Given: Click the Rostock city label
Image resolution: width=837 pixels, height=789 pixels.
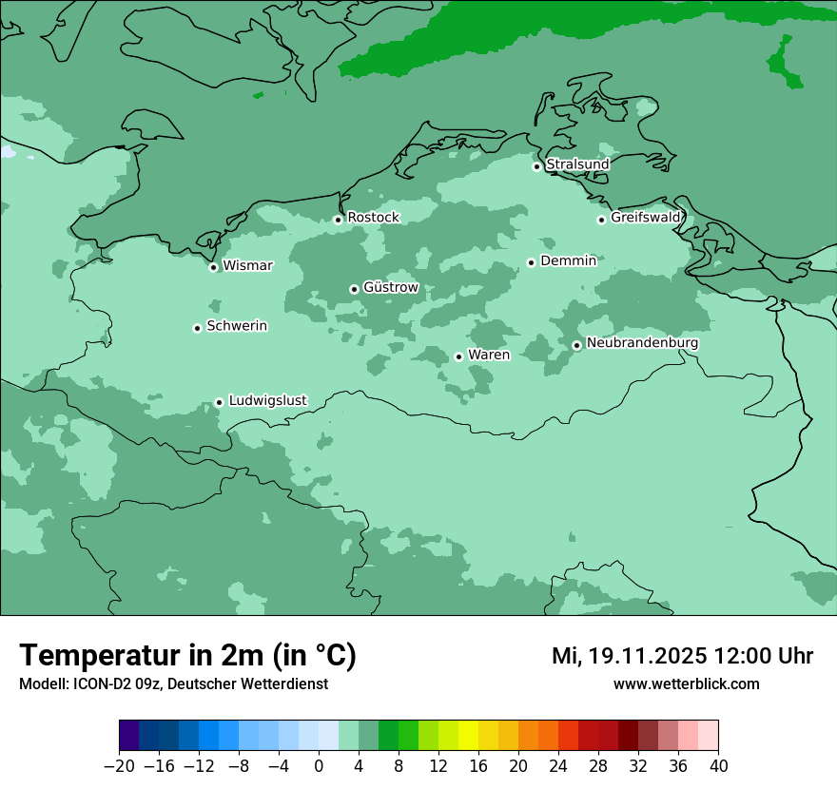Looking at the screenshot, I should [x=373, y=218].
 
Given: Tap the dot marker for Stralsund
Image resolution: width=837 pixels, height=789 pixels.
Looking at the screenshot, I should [x=536, y=166].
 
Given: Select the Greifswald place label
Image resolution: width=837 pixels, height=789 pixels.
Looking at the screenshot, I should [x=646, y=218].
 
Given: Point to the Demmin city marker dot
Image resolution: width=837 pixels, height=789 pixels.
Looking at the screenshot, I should [x=531, y=262].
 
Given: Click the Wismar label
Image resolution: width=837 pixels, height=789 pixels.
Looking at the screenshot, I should [x=247, y=266].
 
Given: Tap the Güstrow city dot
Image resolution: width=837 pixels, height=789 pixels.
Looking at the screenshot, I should [x=354, y=289].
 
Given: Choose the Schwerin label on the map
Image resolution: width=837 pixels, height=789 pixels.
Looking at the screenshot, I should [x=237, y=326].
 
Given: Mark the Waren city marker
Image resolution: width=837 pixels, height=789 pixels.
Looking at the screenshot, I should [x=458, y=356].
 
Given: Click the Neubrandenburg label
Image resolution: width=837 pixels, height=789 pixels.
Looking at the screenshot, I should [x=642, y=343].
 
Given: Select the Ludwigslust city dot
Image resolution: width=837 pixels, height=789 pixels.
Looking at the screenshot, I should [x=219, y=402].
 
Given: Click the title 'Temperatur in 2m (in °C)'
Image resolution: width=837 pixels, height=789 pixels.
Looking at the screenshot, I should [x=188, y=655].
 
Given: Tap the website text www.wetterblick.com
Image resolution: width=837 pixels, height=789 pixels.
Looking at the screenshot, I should [x=686, y=683].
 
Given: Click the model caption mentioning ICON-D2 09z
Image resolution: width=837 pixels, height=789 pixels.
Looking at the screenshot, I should [x=173, y=683].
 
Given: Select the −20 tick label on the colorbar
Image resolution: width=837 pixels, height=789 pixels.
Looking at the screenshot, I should [x=119, y=766].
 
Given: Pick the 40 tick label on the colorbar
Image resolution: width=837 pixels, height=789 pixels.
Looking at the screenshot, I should [x=718, y=766].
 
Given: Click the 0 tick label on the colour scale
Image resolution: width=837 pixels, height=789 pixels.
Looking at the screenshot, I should [x=319, y=766].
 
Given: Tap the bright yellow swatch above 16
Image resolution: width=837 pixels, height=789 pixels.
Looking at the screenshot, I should [x=468, y=736].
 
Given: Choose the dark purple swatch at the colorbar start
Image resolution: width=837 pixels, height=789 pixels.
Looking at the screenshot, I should [x=129, y=736].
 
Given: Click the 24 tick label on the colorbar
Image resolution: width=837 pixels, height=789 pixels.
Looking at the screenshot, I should [x=558, y=766].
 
